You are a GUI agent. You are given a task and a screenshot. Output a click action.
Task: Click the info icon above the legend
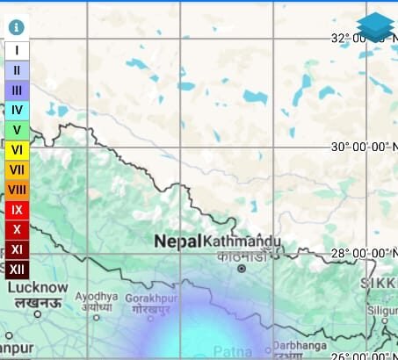point(16,27)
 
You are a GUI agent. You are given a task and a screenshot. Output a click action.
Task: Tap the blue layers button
point(375,27)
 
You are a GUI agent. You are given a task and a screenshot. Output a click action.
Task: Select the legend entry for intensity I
point(18,51)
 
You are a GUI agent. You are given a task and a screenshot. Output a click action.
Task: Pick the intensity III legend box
point(18,90)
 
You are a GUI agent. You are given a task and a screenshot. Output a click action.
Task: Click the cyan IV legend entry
point(18,110)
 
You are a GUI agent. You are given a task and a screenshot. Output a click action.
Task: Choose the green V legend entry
point(18,130)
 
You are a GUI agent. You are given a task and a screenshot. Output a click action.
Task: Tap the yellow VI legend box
point(18,150)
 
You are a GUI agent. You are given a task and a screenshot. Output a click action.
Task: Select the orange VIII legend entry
point(18,190)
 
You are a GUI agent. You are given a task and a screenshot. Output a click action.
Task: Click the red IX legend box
point(18,210)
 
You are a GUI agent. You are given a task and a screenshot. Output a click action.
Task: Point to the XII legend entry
point(18,270)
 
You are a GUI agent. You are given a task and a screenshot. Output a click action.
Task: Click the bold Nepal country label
point(178,241)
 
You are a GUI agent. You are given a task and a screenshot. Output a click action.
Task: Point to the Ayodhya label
point(96,297)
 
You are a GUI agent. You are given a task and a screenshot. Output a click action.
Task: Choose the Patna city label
point(233,351)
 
